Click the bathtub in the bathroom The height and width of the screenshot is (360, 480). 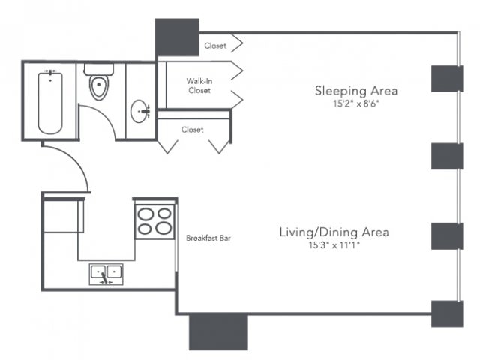50,103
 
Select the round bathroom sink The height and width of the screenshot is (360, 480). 140,111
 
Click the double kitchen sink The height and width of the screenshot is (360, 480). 106,274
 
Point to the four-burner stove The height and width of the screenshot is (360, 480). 155,222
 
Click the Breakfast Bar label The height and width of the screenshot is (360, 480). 208,238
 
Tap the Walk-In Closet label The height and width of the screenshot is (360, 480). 199,85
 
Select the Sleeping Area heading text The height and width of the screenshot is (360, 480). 356,91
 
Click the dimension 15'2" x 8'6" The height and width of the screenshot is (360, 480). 356,103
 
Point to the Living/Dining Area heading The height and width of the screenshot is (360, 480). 334,232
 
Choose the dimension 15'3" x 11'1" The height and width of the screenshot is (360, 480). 334,245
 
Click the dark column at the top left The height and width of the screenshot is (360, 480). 177,37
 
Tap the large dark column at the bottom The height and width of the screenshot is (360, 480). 218,331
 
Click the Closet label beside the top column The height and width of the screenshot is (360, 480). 215,46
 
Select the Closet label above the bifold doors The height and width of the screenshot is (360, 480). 192,130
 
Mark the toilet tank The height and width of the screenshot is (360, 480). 99,69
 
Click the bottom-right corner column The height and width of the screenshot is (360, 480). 447,313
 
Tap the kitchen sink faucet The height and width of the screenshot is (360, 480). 105,277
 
